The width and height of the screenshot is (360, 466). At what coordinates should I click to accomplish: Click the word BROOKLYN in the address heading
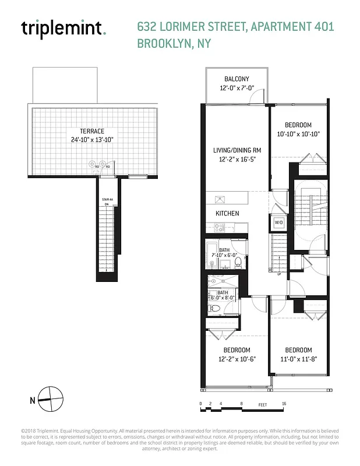(x=160, y=43)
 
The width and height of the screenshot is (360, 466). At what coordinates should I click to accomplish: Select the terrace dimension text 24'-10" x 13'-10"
(x=93, y=140)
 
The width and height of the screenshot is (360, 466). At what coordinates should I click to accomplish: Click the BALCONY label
(x=237, y=79)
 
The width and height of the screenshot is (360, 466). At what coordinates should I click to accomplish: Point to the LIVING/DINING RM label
(x=237, y=150)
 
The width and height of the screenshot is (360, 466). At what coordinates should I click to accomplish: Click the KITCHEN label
(x=227, y=213)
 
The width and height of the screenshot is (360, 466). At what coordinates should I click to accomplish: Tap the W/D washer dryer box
(x=279, y=223)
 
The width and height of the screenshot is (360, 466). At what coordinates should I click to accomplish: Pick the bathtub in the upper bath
(x=211, y=254)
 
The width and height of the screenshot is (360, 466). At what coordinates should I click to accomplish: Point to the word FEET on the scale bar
(x=262, y=404)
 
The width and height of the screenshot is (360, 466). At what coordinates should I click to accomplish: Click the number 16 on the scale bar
(x=283, y=404)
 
